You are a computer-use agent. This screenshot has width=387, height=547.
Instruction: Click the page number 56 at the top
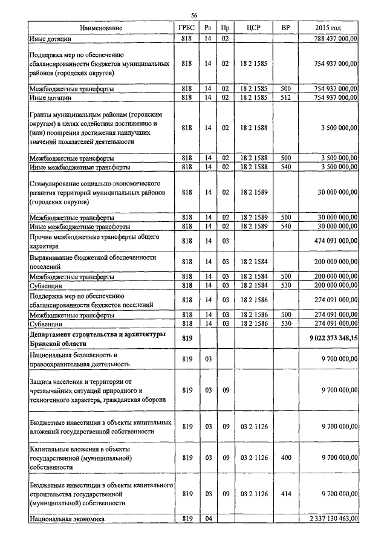pyautogui.click(x=194, y=15)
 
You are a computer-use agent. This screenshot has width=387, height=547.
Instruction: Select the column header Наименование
pyautogui.click(x=101, y=28)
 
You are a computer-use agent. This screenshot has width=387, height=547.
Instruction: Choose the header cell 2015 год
pyautogui.click(x=331, y=28)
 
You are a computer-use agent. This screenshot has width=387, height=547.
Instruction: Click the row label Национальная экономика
pyautogui.click(x=67, y=519)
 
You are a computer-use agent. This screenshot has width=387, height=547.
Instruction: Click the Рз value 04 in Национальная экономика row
pyautogui.click(x=207, y=519)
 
